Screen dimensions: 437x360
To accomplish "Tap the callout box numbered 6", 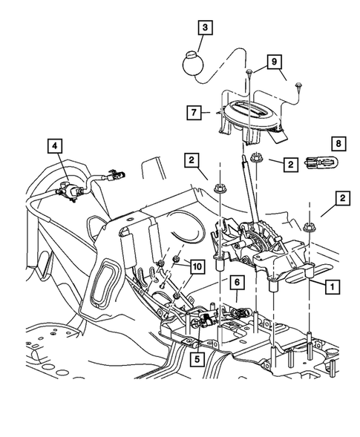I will coord(236,283).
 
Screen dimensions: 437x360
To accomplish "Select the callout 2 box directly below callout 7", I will coord(192,158).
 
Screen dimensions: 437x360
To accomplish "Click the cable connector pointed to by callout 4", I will coord(71,190).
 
